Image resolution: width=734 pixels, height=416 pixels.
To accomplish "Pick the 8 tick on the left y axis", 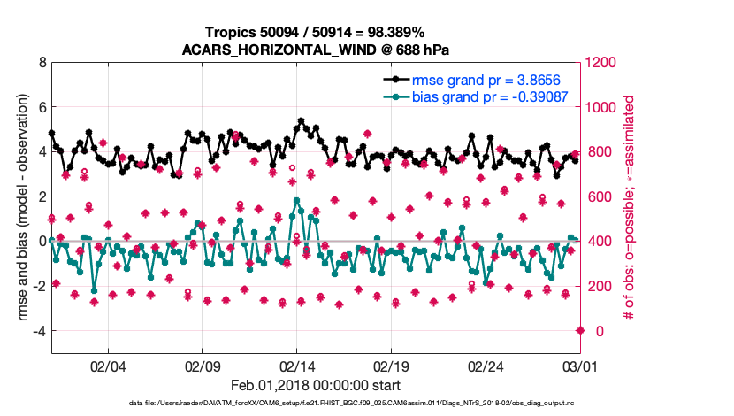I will (42, 63).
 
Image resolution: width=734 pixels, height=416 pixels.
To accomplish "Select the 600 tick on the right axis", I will (600, 196).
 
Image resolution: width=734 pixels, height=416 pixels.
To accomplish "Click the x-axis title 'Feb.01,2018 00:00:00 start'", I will (316, 385).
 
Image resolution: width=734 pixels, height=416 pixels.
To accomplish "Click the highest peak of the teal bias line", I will (296, 201).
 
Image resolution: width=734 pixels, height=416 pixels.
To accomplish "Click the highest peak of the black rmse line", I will (302, 120).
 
